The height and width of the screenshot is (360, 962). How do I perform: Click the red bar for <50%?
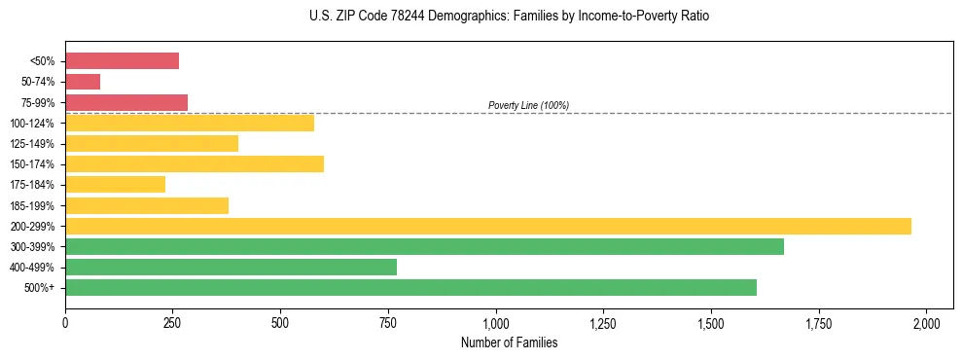pos(122,60)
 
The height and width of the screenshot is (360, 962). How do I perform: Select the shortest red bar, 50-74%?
pos(83,82)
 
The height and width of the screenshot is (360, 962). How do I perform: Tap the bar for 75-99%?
pos(126,102)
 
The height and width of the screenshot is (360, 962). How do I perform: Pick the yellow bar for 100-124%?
pos(190,123)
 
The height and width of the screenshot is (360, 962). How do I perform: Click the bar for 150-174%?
pos(195,163)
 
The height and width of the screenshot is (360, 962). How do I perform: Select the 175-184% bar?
pos(115,184)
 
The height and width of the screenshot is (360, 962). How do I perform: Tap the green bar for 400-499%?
pos(231,267)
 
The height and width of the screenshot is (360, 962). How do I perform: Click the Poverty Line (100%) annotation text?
pos(528,105)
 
